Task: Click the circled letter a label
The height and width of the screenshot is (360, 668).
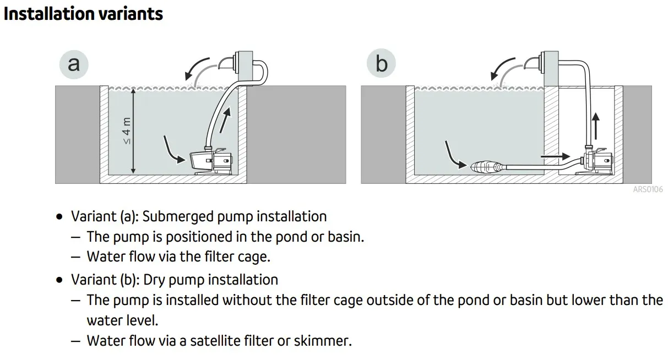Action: (74, 64)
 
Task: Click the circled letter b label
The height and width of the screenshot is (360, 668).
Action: (381, 64)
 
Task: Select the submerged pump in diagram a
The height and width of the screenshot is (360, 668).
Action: (212, 162)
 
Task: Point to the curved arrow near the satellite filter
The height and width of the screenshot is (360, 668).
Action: (455, 154)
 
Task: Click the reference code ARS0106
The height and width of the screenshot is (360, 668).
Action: (648, 189)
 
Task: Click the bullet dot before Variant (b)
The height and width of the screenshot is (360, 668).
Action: (59, 280)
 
